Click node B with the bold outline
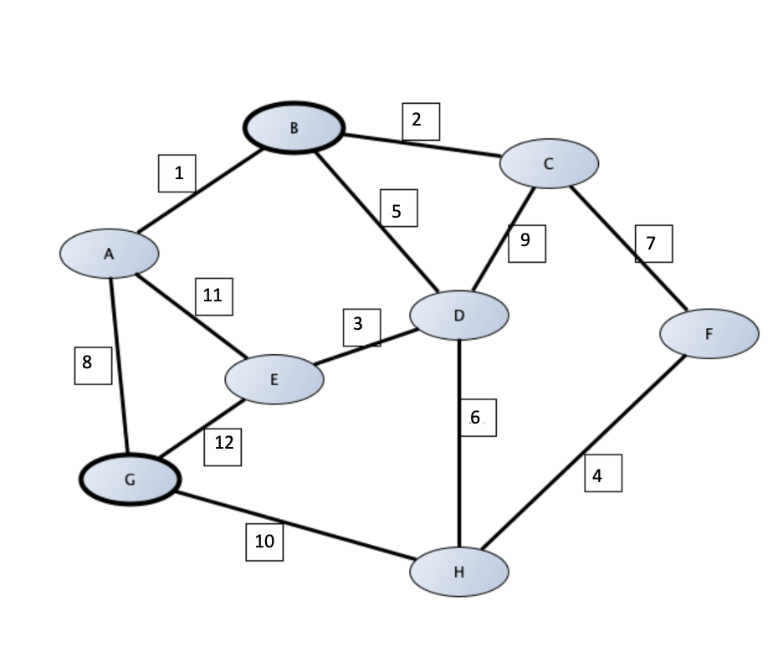[x=294, y=128]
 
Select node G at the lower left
[x=130, y=480]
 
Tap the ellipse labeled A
[x=110, y=253]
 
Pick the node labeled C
[x=549, y=164]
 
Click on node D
[x=459, y=316]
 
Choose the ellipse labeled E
[x=274, y=379]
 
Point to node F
[x=709, y=334]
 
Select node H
[x=459, y=572]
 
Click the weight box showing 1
[x=177, y=174]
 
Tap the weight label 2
[x=420, y=121]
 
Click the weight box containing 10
[x=264, y=542]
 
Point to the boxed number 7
[x=653, y=244]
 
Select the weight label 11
[x=213, y=295]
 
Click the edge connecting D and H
[x=459, y=469]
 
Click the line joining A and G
[x=120, y=368]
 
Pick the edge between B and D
[x=376, y=222]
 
